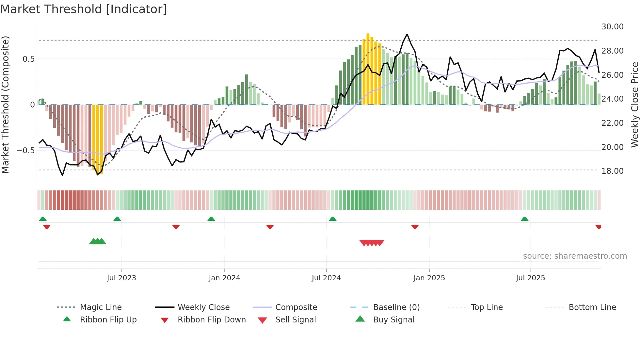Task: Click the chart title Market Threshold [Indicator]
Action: click(84, 9)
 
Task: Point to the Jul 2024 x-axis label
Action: click(326, 278)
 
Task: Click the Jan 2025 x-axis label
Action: click(429, 278)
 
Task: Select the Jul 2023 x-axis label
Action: click(121, 278)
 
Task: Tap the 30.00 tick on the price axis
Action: click(612, 27)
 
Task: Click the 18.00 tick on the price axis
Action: click(612, 171)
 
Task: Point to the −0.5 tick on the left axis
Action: click(25, 150)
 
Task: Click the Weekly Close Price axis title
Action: click(634, 105)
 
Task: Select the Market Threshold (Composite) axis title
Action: click(5, 105)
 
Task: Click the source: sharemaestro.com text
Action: click(575, 256)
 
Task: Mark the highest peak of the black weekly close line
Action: click(407, 34)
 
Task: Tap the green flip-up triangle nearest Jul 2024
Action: click(332, 219)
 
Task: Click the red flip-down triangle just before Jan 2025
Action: click(415, 227)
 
